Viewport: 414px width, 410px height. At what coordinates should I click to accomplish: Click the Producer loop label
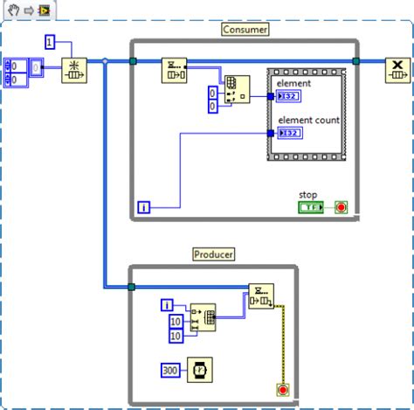[213, 254]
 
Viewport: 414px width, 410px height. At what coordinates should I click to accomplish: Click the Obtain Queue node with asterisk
[74, 69]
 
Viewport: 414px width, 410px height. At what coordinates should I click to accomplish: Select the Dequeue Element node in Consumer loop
[175, 70]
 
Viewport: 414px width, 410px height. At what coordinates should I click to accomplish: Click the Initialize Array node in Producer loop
[203, 318]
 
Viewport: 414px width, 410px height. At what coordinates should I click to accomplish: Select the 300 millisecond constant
[172, 371]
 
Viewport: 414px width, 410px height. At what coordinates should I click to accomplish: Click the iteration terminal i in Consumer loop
[144, 207]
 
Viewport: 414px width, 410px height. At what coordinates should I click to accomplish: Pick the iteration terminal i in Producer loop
[168, 304]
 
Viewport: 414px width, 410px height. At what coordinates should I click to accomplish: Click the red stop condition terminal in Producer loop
[282, 388]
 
